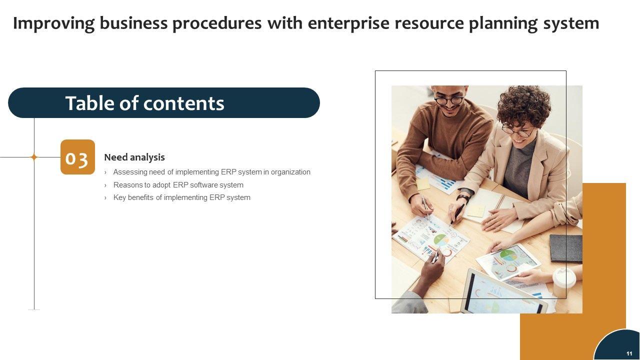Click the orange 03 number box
click(77, 157)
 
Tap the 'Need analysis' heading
click(134, 157)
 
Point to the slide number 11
click(629, 353)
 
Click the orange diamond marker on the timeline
click(34, 157)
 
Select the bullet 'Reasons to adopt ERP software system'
click(178, 185)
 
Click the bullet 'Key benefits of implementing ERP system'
click(181, 197)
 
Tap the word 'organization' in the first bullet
click(290, 172)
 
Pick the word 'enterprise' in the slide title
click(348, 23)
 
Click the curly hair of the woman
click(524, 104)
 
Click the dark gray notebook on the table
click(565, 248)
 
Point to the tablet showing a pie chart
click(508, 262)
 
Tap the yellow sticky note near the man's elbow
click(423, 183)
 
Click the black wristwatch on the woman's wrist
click(463, 197)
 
